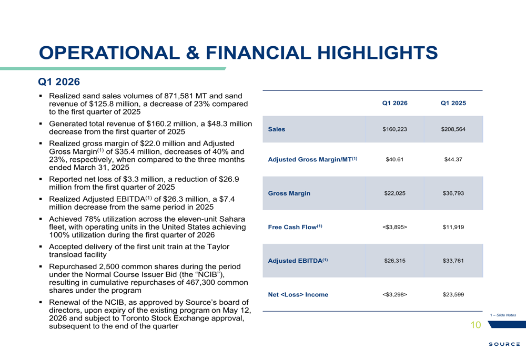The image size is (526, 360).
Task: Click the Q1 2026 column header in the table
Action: (395, 103)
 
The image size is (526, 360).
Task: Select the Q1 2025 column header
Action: (453, 103)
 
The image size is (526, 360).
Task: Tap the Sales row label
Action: (277, 129)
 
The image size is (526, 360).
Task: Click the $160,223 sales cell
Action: (395, 129)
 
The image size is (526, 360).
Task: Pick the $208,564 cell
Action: (453, 129)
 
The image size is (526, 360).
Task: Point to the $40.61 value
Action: (395, 160)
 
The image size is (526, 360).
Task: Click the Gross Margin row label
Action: (289, 193)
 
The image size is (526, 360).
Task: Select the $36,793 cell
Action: (453, 193)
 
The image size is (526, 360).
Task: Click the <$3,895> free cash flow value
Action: (395, 227)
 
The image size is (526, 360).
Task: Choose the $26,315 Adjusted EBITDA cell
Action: (395, 261)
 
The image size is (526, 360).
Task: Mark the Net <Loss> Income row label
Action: (298, 295)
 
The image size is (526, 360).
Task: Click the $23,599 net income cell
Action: (453, 295)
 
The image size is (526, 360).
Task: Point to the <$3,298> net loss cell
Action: (395, 295)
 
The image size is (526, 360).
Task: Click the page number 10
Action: (476, 325)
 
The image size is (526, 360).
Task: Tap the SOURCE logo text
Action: (504, 344)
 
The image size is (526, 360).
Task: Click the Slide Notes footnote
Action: (503, 315)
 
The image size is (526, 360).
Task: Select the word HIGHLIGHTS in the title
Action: (377, 53)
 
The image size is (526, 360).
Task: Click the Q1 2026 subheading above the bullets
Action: (59, 82)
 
